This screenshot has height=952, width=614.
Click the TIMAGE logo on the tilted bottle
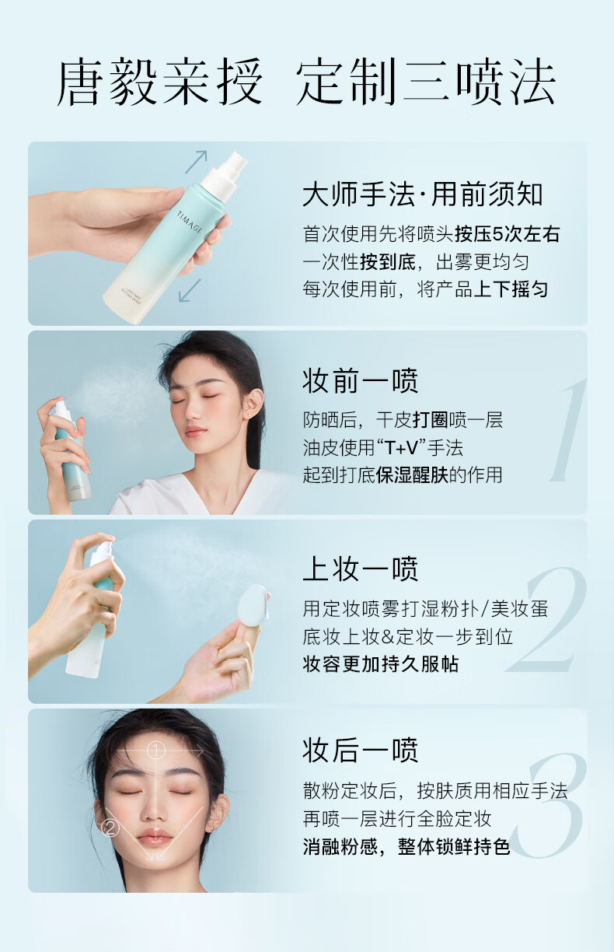pos(190,221)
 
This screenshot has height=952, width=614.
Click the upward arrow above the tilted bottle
pos(196,162)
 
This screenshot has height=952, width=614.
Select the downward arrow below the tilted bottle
pos(190,290)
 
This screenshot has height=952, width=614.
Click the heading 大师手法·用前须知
pos(423,195)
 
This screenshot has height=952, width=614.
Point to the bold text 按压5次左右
pos(508,234)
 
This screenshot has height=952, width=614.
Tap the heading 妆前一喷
pos(361,381)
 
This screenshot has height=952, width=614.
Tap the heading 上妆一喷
pos(361,569)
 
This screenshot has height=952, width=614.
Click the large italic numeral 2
pos(546,620)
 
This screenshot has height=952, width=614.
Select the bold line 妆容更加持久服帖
pos(381,664)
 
